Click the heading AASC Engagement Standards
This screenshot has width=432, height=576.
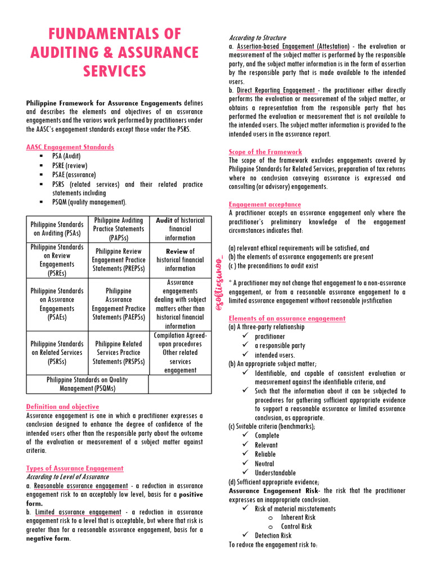coord(70,147)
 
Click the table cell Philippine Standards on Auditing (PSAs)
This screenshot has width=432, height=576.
coord(57,229)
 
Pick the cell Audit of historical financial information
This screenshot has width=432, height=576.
coord(180,229)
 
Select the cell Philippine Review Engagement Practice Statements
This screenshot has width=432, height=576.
coord(119,260)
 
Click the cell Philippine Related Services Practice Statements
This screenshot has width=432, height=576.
coord(119,353)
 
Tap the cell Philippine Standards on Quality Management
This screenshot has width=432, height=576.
coord(87,384)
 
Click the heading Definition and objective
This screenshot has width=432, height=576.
coord(62,407)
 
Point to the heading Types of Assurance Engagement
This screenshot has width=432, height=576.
coord(75,468)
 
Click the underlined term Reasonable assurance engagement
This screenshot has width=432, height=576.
coord(80,486)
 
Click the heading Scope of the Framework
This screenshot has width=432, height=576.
coord(265,152)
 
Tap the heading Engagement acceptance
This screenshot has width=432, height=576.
coord(264,204)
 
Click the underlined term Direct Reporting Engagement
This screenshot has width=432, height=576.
coord(276,91)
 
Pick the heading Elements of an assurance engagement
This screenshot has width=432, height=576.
coord(287,318)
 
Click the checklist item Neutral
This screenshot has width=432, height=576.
coord(264,463)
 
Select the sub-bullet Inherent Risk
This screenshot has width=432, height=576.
coord(298,517)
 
